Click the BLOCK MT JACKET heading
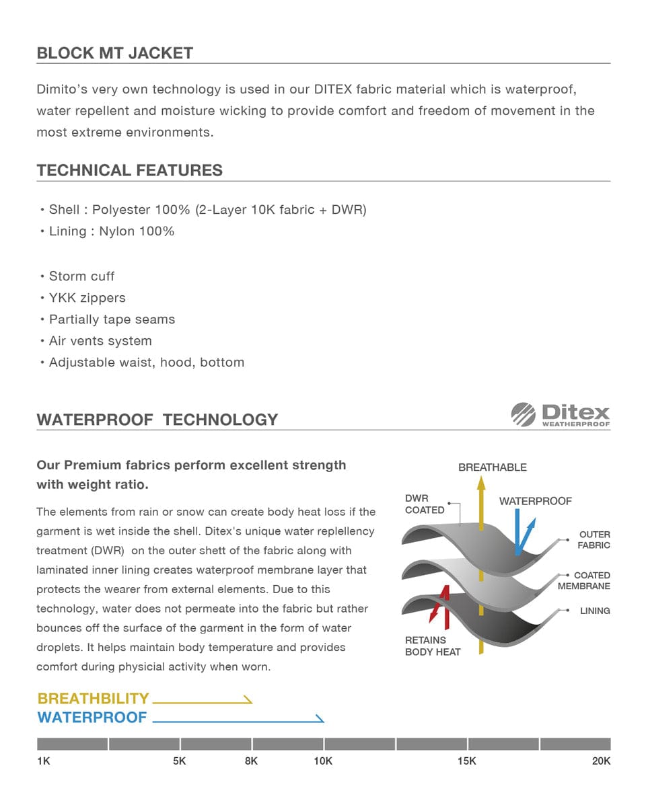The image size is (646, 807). coord(114,53)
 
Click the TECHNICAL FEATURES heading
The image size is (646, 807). coord(129,170)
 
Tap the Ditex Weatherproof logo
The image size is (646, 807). coord(561,414)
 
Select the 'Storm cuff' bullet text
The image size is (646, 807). coord(81,276)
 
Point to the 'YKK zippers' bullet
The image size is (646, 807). coord(87,298)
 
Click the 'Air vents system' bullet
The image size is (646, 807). coord(100,341)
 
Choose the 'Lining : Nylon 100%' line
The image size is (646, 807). coord(111,231)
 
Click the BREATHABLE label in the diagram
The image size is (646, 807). coord(492,467)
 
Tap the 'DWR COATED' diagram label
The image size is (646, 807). coord(425,504)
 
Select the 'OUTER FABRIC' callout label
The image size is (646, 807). coord(594,540)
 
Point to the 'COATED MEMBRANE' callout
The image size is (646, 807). coord(584,581)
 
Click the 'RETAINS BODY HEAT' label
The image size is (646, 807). coord(433,646)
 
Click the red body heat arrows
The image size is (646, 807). coord(439,604)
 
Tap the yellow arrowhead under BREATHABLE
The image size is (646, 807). coord(481,483)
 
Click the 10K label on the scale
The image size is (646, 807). coord(323,761)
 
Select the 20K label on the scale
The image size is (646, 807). coord(601,761)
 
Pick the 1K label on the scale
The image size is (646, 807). coord(44,761)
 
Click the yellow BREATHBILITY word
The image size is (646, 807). coord(93,699)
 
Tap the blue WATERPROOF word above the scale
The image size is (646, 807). coord(92,718)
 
